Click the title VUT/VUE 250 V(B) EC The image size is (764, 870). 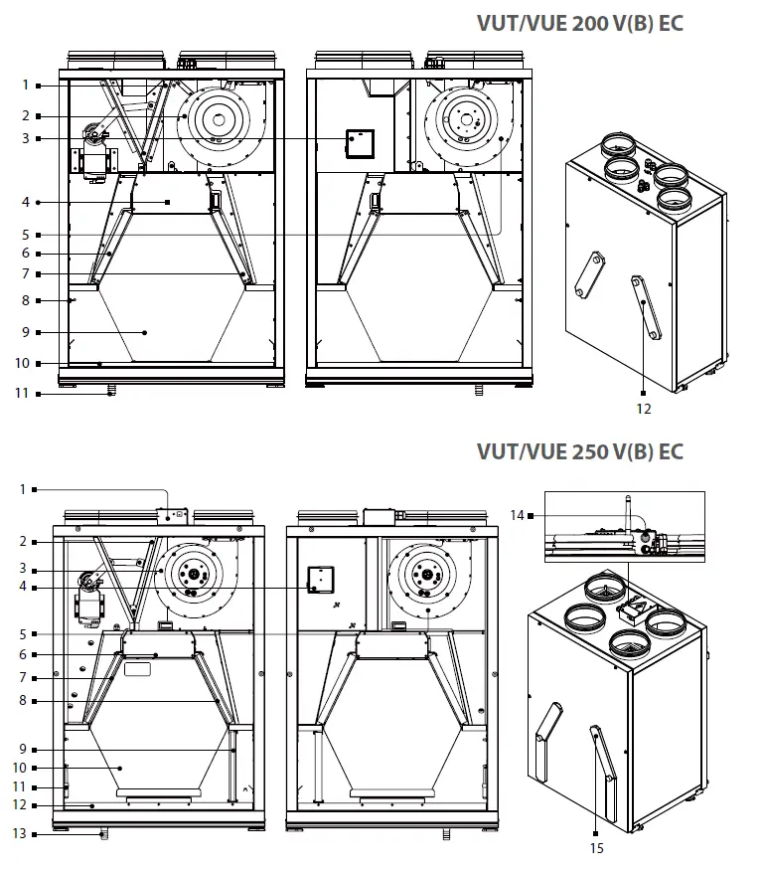click(580, 451)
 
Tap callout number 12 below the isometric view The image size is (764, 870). click(643, 408)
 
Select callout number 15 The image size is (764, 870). click(596, 847)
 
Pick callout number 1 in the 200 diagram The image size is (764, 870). click(26, 86)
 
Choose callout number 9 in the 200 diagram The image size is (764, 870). click(26, 331)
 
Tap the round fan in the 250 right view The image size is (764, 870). click(427, 576)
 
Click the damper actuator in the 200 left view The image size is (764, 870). click(95, 149)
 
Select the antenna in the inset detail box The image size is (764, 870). click(627, 517)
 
